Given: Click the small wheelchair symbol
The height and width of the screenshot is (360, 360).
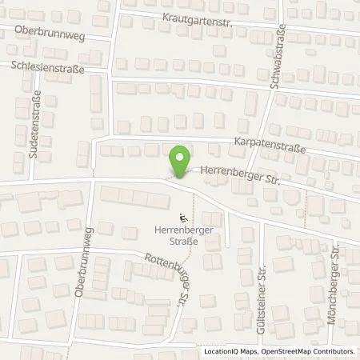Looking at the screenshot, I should coord(183,216).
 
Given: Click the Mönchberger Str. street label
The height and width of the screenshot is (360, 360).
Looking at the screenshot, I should coord(336,294).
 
